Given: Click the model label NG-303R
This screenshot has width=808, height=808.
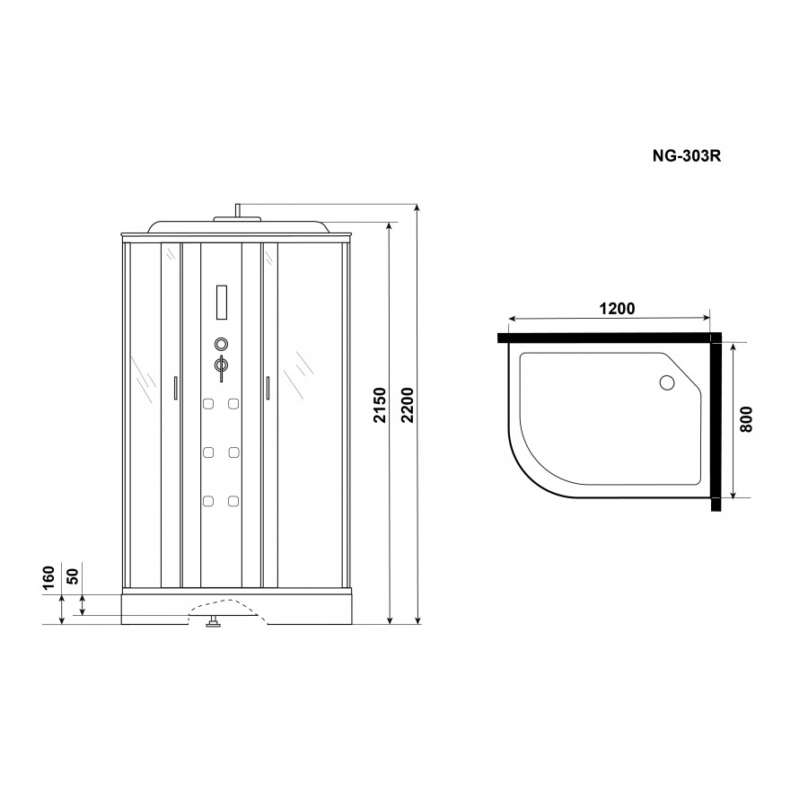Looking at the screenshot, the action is click(x=687, y=155).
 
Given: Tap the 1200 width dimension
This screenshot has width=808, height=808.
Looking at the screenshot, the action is click(x=617, y=309).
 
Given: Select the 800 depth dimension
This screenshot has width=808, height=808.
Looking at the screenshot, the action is click(x=746, y=419).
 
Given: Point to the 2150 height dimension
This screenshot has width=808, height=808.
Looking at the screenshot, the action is click(x=380, y=406).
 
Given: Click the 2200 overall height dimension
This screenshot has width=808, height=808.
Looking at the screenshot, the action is click(x=408, y=406).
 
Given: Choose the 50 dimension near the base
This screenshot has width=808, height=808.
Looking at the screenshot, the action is click(x=73, y=576).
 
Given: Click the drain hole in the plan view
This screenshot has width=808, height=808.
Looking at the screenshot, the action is click(x=667, y=382).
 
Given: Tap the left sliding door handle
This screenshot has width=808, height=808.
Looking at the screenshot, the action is click(x=176, y=388).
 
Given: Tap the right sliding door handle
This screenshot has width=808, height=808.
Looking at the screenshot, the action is click(x=268, y=388).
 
